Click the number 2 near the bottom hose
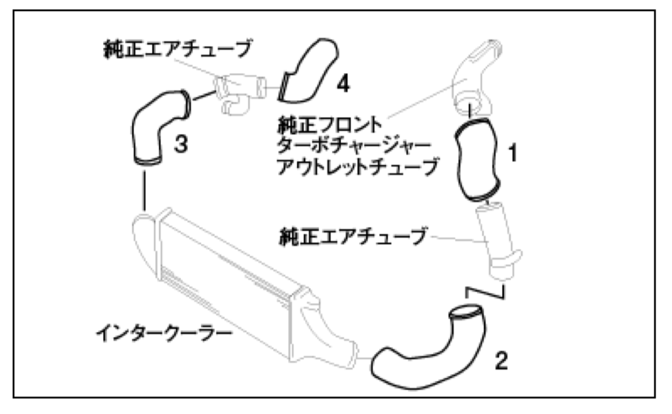(500, 361)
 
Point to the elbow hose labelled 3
(150, 131)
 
